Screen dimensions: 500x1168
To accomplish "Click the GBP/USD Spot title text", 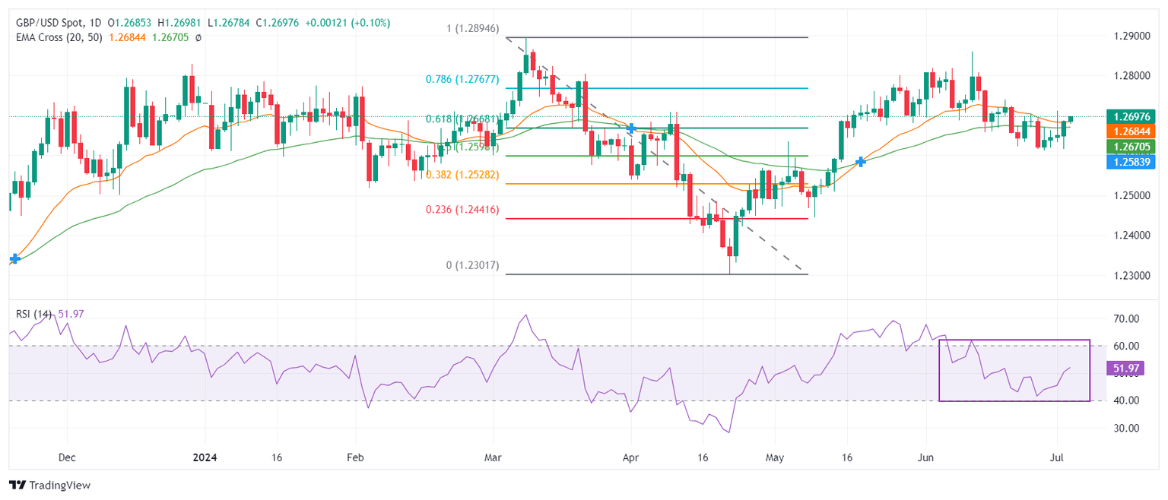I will tap(53, 23).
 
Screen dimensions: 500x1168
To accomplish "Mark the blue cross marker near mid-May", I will tap(860, 162).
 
